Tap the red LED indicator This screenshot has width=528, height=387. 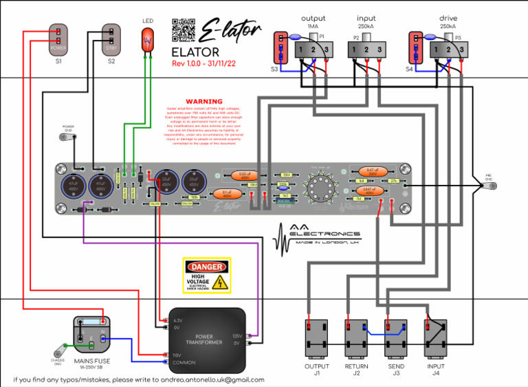(147, 40)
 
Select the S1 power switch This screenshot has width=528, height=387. (58, 40)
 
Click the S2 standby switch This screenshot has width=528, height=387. (111, 40)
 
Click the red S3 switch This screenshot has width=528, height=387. (280, 46)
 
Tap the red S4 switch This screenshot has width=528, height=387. (414, 46)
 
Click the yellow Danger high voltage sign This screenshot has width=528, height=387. (206, 276)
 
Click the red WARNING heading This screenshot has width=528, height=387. (204, 101)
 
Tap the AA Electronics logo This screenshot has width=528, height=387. (316, 237)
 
